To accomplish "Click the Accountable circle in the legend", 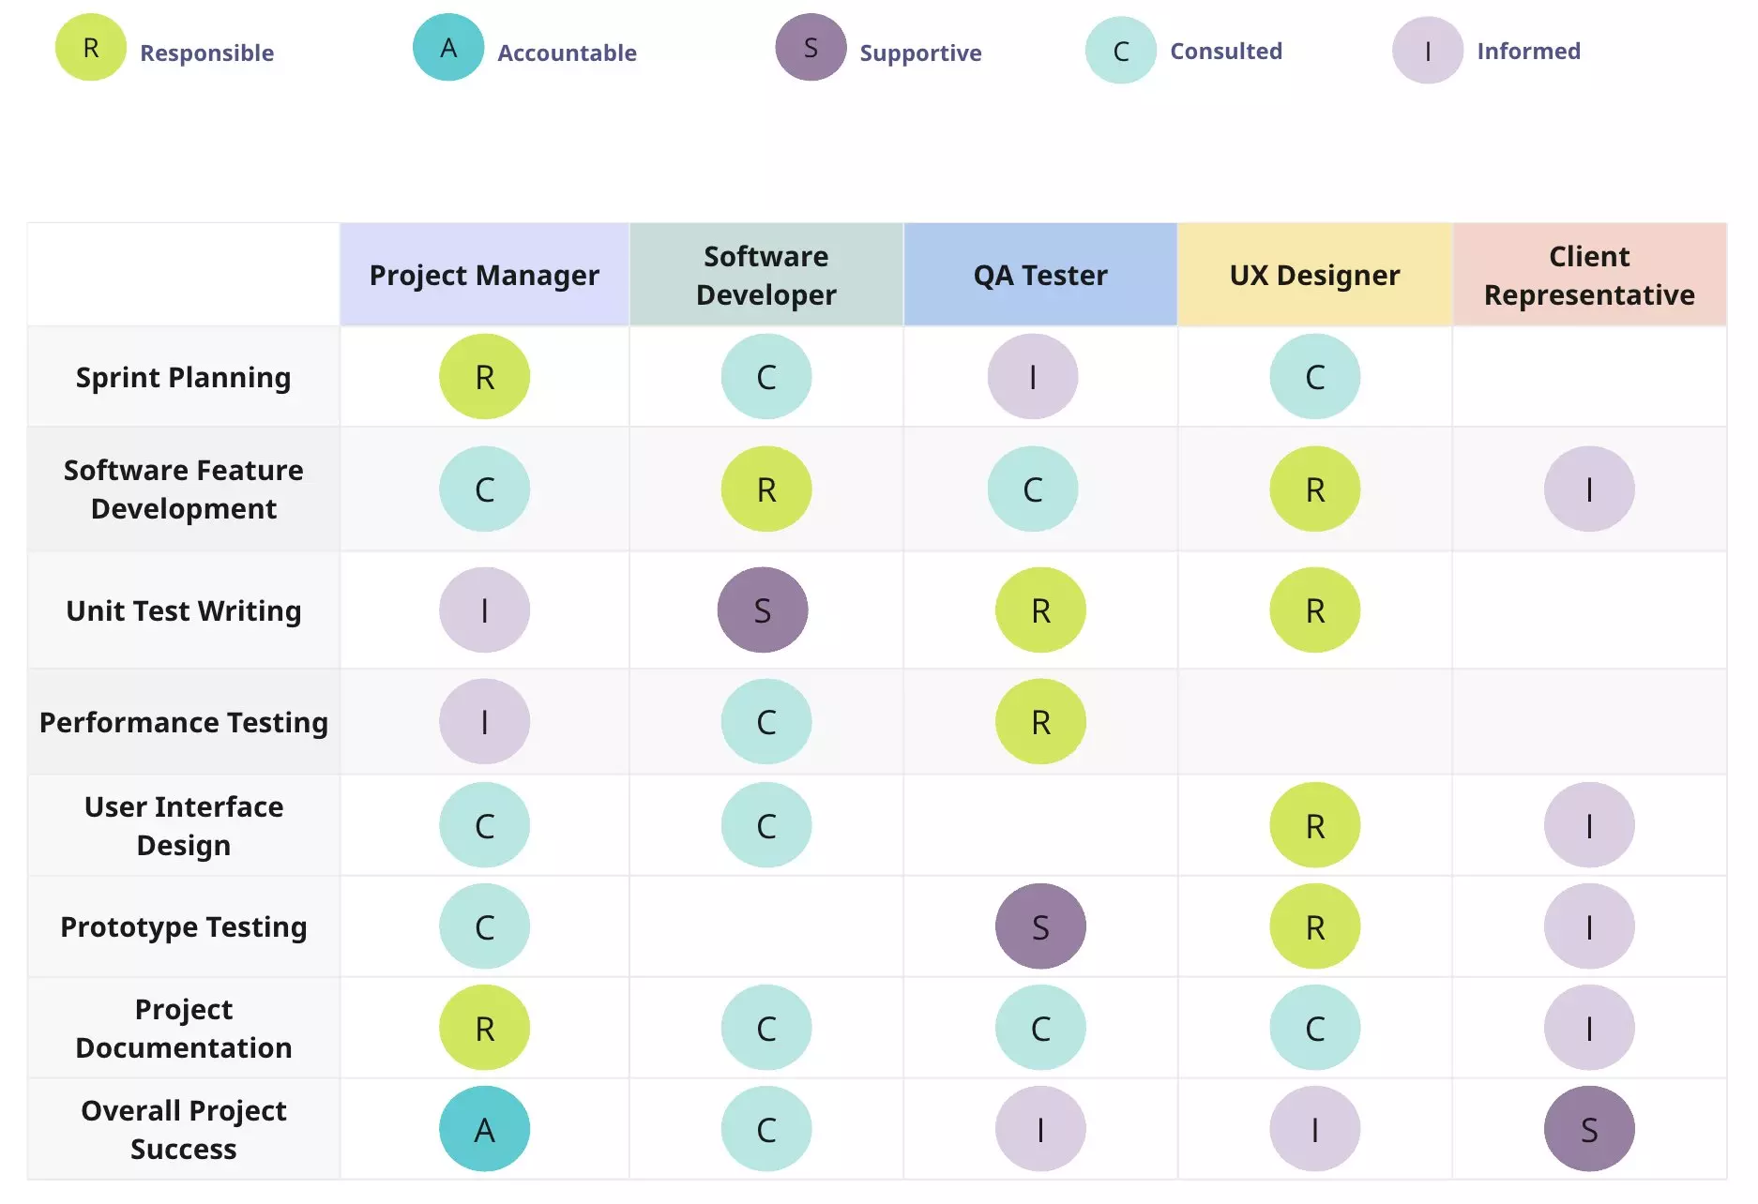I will [448, 48].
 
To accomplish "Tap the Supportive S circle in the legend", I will [811, 48].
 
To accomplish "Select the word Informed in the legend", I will [1528, 51].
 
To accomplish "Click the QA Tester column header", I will [1040, 275].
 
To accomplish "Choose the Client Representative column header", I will [1589, 275].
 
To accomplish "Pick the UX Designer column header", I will [1314, 275].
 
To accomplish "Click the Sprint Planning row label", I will [183, 377].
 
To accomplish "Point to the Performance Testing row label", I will [183, 722].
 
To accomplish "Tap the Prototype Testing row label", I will [183, 926].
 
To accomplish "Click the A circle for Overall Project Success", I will [484, 1129].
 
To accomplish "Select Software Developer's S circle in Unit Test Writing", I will [763, 610].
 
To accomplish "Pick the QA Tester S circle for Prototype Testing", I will [1040, 926].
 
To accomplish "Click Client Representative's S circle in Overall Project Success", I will [1589, 1129].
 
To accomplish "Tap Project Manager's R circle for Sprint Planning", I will [484, 377].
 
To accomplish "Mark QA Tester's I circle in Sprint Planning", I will [1033, 377].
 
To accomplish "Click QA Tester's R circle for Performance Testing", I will [1040, 722].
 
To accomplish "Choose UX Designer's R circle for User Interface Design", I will [1314, 825].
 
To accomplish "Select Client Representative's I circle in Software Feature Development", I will [1589, 489].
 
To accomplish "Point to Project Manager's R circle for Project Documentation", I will [484, 1028].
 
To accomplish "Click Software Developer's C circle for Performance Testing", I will [766, 722].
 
